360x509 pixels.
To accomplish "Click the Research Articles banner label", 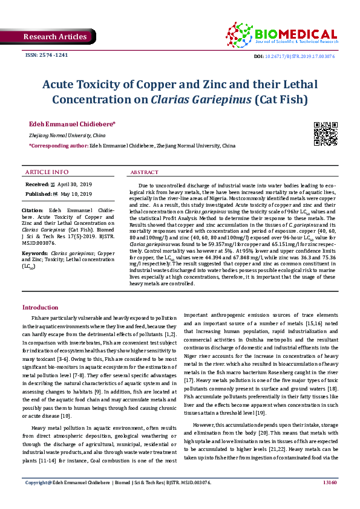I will [55, 37].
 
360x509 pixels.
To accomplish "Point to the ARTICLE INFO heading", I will [47, 172].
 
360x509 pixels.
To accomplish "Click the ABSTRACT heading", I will [145, 172].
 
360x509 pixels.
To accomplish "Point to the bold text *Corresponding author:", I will [58, 146].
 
